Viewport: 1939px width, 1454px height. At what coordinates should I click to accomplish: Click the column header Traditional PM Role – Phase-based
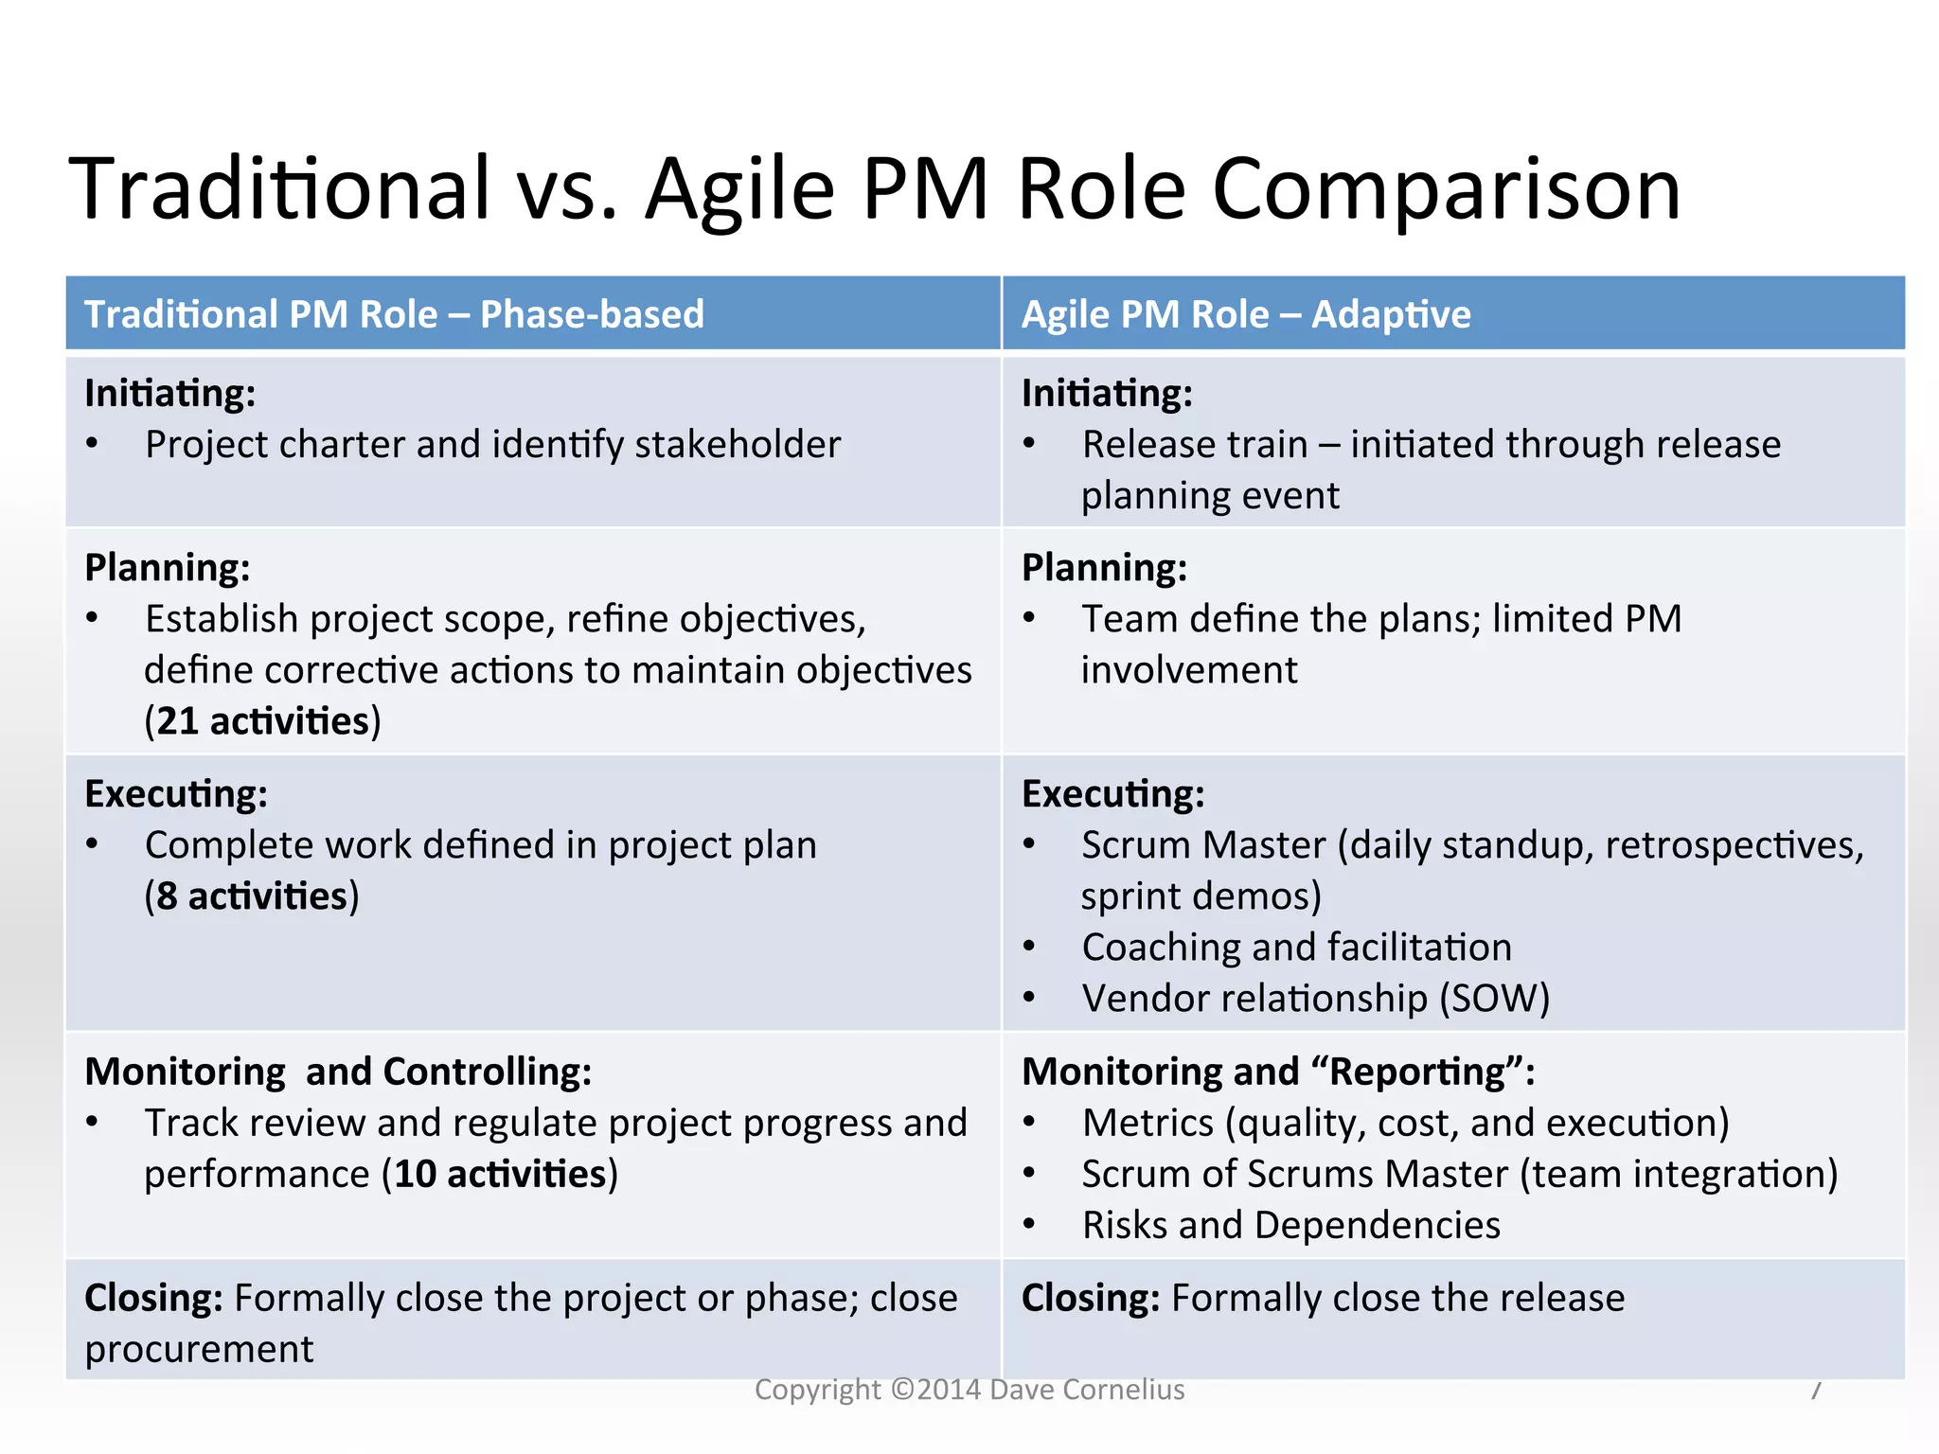click(x=394, y=314)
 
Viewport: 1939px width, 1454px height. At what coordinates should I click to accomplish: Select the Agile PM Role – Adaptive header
click(x=1246, y=314)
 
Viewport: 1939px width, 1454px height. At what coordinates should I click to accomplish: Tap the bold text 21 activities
click(x=262, y=721)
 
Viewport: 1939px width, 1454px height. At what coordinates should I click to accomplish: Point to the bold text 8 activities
click(x=252, y=896)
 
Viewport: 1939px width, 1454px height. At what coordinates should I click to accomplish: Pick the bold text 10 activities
click(x=500, y=1175)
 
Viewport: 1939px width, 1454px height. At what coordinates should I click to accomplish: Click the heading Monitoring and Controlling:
click(x=338, y=1072)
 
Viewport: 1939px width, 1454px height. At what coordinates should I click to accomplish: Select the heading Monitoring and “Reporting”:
click(x=1278, y=1072)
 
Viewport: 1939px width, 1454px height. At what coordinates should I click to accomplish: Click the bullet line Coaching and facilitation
click(x=1296, y=948)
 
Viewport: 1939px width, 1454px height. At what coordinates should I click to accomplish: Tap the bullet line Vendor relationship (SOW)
click(x=1315, y=999)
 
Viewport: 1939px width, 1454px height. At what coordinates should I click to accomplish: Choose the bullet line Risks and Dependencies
click(x=1290, y=1226)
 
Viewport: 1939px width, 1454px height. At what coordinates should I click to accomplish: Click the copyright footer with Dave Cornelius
click(x=969, y=1390)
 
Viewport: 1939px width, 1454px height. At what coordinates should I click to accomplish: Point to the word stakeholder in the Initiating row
click(x=738, y=445)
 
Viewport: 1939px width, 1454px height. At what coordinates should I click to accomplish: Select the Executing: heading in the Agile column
click(x=1112, y=794)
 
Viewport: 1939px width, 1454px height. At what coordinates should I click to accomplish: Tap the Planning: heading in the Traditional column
click(x=168, y=568)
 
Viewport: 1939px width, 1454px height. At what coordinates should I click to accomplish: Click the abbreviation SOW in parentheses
click(x=1494, y=999)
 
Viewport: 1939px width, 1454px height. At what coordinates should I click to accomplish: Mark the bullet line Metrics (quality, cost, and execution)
click(x=1405, y=1124)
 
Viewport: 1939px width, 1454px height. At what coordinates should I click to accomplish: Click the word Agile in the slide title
click(x=740, y=189)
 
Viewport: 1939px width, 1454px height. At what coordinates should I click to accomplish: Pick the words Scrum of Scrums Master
click(x=1294, y=1175)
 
